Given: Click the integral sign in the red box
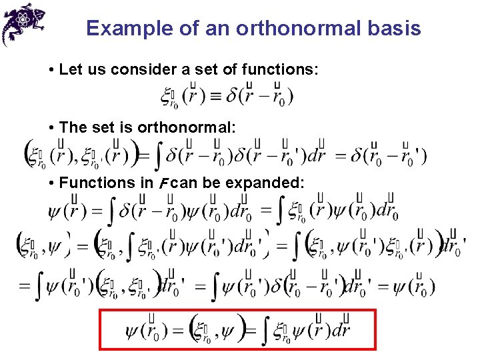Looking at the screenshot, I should click(x=263, y=331).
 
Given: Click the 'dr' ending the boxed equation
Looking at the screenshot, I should click(x=341, y=329).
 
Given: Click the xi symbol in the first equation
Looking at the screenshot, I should click(x=166, y=96).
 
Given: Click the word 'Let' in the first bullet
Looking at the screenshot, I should click(x=69, y=69).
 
